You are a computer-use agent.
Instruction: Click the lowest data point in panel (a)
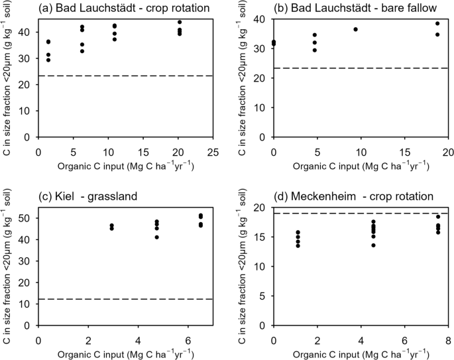48,60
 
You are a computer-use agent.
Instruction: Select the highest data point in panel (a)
180,22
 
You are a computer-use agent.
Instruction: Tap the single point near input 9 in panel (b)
355,29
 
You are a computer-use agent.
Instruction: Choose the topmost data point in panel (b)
437,23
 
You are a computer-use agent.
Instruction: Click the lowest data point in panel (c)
156,237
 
